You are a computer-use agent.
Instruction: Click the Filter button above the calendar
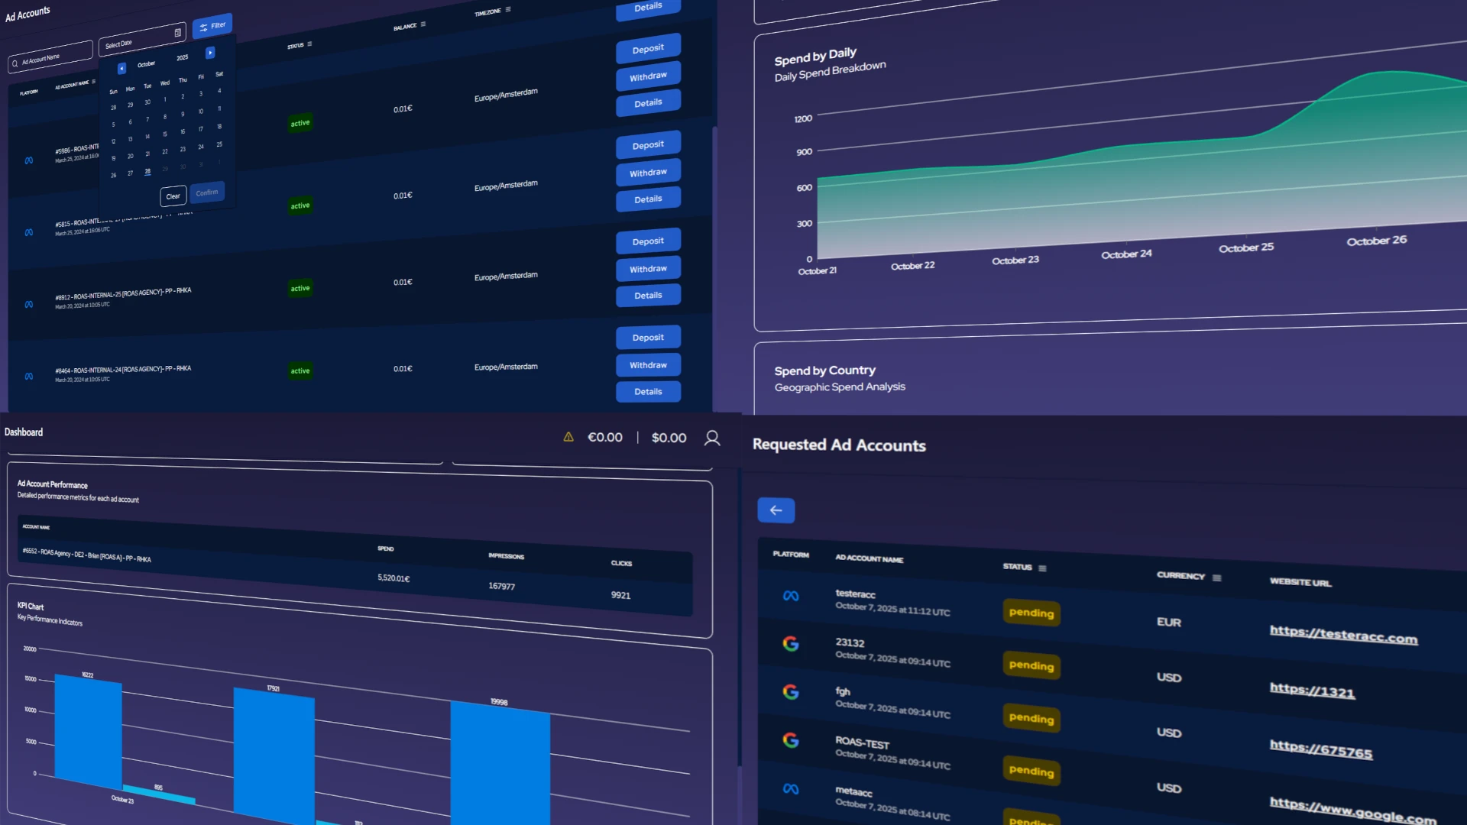[212, 26]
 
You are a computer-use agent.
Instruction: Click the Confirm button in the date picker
[207, 192]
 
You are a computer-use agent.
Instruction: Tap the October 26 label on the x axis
[1376, 241]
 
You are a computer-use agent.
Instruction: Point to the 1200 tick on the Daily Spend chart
[803, 119]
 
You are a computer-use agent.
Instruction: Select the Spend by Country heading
[824, 370]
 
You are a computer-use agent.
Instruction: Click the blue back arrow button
[776, 510]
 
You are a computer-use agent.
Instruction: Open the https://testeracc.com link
[1343, 635]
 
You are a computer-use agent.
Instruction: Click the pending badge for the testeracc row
[1031, 613]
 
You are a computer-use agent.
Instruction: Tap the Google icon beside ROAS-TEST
[791, 739]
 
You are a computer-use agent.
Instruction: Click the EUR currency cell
[1168, 623]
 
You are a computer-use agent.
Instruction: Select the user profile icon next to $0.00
[712, 438]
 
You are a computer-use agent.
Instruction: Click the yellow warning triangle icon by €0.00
[568, 437]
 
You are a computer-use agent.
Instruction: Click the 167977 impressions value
[501, 587]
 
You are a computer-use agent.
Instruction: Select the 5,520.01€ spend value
[393, 578]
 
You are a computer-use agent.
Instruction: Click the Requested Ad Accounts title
[839, 445]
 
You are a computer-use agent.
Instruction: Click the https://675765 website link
[1320, 750]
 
